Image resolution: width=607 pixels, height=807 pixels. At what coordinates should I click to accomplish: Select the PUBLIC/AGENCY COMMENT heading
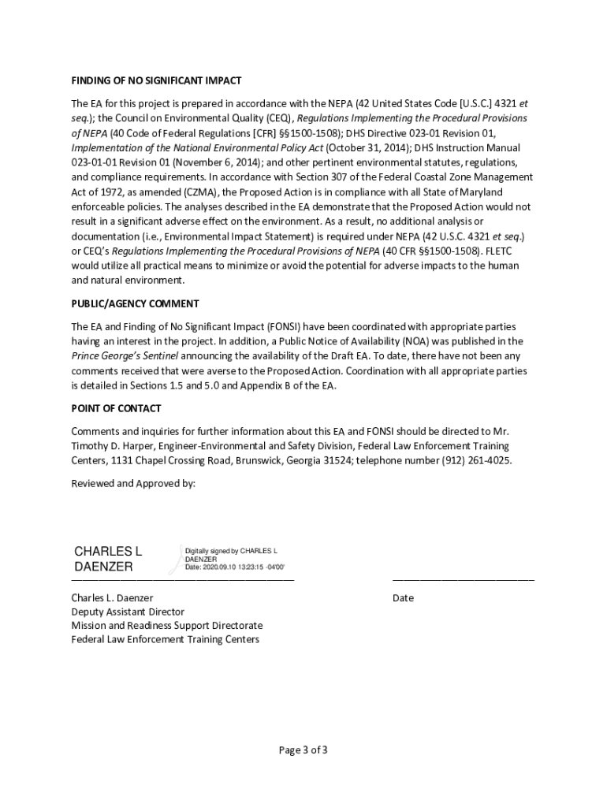tap(135, 304)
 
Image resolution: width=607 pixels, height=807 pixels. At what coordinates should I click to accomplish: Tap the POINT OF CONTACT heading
tap(116, 408)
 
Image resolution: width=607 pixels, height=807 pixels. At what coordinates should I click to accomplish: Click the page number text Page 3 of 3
tap(303, 749)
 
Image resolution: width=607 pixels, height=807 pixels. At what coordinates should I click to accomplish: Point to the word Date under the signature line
tap(403, 598)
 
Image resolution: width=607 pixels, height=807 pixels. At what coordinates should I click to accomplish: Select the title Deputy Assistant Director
tap(128, 612)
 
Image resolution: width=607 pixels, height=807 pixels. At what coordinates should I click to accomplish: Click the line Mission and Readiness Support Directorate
tap(167, 626)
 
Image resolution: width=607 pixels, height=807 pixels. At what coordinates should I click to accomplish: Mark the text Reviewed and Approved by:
tap(133, 483)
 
